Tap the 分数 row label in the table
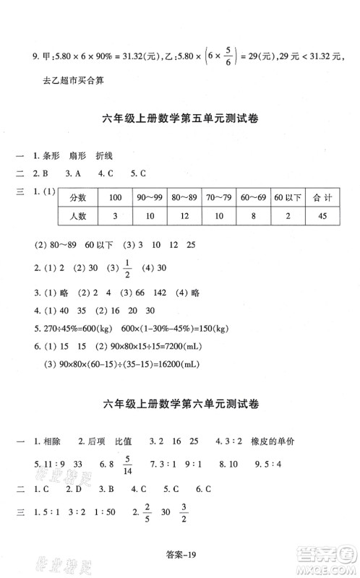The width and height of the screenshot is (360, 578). click(78, 197)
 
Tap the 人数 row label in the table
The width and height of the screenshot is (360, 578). click(78, 216)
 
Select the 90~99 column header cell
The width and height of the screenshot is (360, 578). click(150, 197)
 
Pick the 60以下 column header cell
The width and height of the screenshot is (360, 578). click(286, 197)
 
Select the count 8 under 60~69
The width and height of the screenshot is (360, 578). click(252, 216)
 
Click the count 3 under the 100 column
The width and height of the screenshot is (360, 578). click(114, 216)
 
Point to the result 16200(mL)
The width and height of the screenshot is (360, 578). click(177, 366)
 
